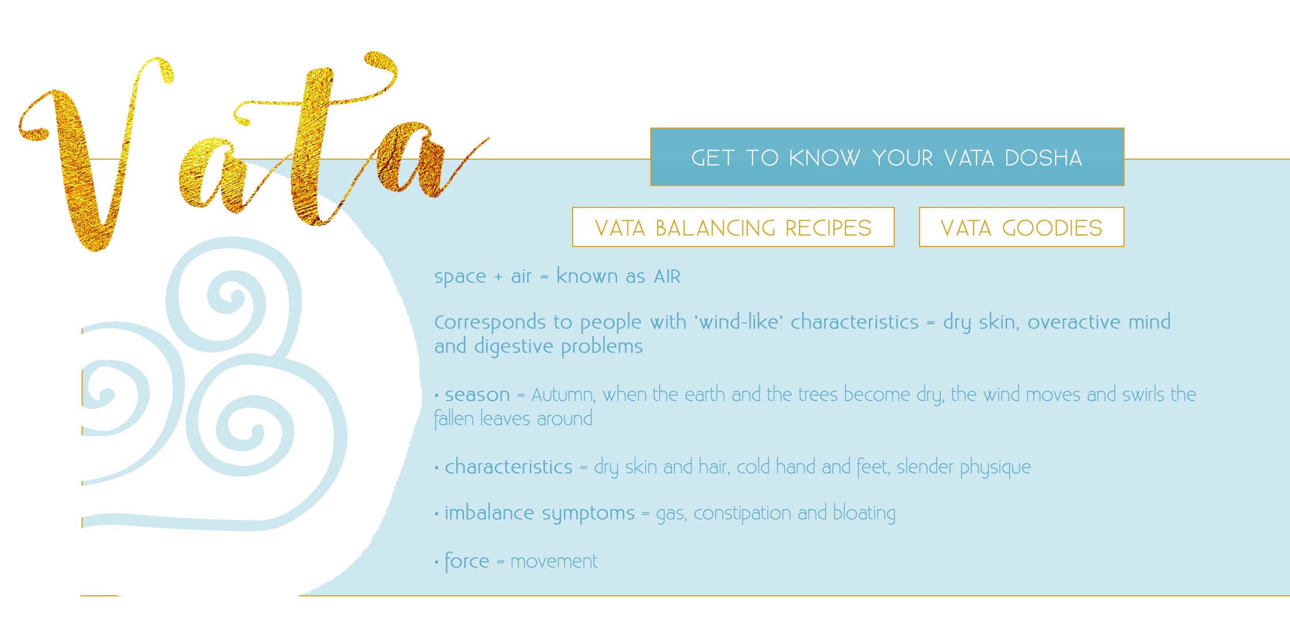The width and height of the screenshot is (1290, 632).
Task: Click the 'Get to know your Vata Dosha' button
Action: pyautogui.click(x=887, y=157)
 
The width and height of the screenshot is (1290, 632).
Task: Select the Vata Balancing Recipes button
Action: pyautogui.click(x=733, y=228)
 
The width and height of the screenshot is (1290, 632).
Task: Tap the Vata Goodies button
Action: pyautogui.click(x=1021, y=228)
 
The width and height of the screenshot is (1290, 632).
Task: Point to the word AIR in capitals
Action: pyautogui.click(x=667, y=277)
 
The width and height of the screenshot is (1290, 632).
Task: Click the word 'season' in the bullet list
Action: pyautogui.click(x=477, y=395)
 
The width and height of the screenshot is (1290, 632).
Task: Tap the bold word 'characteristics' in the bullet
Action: pyautogui.click(x=508, y=467)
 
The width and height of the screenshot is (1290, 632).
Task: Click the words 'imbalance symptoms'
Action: pyautogui.click(x=539, y=513)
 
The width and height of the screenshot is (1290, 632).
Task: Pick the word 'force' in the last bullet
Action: pyautogui.click(x=466, y=561)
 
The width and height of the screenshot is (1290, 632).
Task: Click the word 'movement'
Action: pyautogui.click(x=554, y=561)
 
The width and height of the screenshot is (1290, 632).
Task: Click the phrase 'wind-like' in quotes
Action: pyautogui.click(x=739, y=322)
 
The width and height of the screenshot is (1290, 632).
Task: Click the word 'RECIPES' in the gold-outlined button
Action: pyautogui.click(x=828, y=228)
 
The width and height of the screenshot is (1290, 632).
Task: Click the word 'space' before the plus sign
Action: pyautogui.click(x=460, y=277)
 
